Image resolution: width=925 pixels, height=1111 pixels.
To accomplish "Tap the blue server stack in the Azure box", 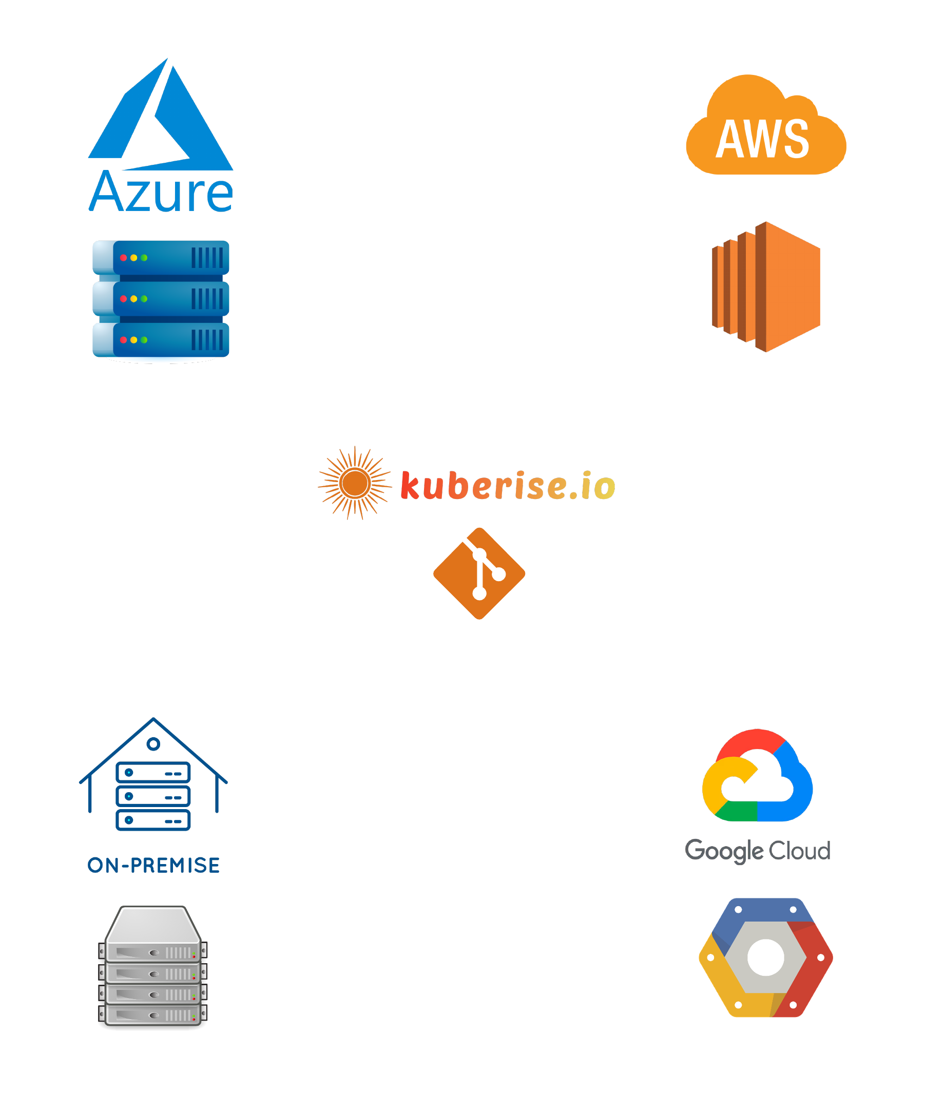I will pyautogui.click(x=161, y=300).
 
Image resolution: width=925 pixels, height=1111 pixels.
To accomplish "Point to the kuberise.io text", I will pyautogui.click(x=508, y=485).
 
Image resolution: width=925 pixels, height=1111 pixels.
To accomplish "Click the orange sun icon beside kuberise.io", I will pyautogui.click(x=355, y=483).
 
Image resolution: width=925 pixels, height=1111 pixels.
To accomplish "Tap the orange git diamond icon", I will pyautogui.click(x=479, y=573).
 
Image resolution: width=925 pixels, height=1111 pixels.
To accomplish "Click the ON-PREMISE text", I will pyautogui.click(x=154, y=866).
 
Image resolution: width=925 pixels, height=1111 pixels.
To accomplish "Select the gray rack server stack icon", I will pyautogui.click(x=153, y=966).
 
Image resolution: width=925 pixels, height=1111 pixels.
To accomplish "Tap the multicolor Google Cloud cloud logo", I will pyautogui.click(x=757, y=777).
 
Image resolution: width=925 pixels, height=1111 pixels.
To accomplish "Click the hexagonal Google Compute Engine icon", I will pyautogui.click(x=765, y=957).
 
